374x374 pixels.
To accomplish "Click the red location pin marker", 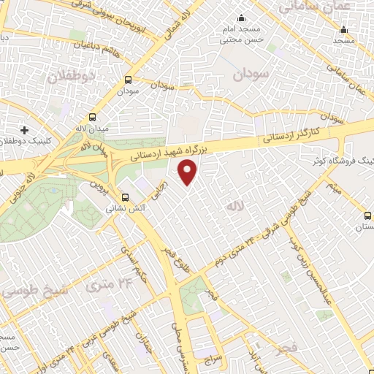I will tap(188, 172).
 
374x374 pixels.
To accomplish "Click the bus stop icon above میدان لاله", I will tap(92, 117).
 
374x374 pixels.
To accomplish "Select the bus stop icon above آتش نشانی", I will tap(125, 196).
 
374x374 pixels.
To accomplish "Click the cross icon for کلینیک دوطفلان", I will tap(25, 129).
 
